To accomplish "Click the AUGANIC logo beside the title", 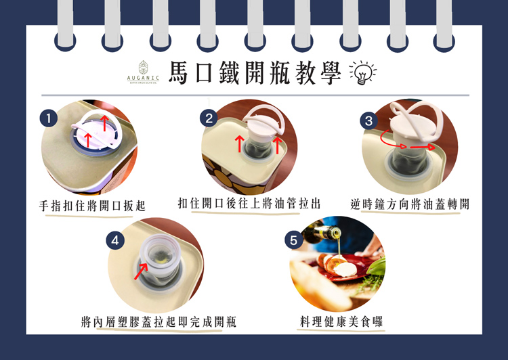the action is click(x=143, y=72).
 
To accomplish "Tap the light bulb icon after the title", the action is click(x=363, y=72).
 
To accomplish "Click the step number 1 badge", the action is click(x=49, y=118).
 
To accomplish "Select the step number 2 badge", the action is click(x=209, y=118).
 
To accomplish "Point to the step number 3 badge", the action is click(x=369, y=120).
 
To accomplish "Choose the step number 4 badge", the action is click(x=115, y=240).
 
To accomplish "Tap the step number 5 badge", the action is click(x=293, y=240).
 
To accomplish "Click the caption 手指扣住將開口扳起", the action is click(x=92, y=206).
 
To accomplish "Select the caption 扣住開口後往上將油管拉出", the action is click(x=249, y=203).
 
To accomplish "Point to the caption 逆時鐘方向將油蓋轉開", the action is click(x=410, y=204).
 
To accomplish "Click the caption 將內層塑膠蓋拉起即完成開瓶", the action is click(x=158, y=322).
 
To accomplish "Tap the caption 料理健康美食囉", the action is click(x=341, y=321).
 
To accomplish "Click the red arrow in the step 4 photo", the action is click(x=142, y=271).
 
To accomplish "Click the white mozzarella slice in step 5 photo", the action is click(x=345, y=269).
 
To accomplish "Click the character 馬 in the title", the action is click(x=178, y=72).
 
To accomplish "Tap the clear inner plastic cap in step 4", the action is click(x=160, y=252).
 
